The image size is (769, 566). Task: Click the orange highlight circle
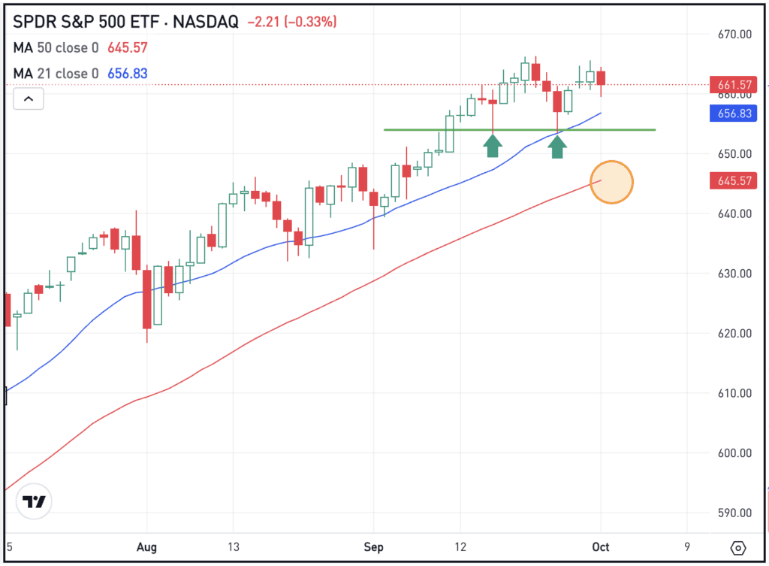[x=611, y=183]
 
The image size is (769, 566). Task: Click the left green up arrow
[x=492, y=145]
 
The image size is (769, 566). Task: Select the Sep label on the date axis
[x=373, y=546]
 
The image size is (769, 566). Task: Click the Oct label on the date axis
[x=601, y=546]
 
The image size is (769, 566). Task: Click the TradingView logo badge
[x=35, y=502]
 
